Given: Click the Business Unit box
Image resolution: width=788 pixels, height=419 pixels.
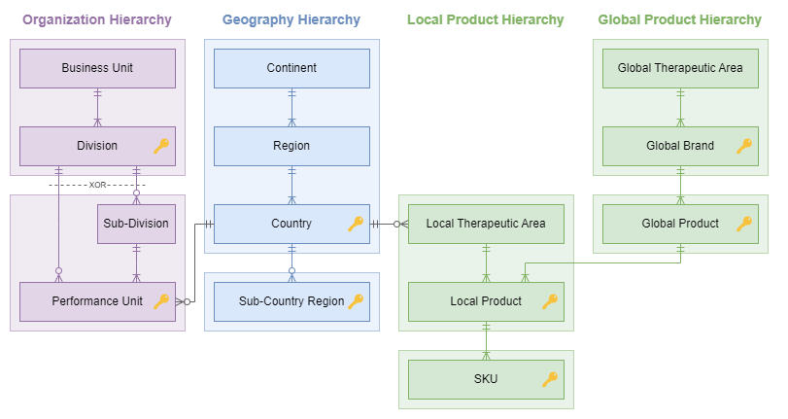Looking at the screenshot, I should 97,68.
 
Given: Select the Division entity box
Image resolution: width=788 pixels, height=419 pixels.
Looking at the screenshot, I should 97,146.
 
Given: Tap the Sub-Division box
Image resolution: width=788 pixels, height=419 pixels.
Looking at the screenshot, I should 136,224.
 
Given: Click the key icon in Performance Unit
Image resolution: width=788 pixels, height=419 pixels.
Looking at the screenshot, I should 161,301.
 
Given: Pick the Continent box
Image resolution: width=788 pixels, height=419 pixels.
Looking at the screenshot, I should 291,68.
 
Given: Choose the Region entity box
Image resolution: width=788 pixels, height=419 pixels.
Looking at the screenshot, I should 291,146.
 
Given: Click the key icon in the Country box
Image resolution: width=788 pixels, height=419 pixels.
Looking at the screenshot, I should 356,224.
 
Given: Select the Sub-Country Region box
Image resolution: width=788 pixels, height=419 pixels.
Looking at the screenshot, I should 291,301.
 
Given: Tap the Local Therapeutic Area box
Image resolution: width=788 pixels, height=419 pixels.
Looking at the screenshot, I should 486,224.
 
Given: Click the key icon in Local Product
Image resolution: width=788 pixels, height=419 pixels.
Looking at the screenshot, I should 550,301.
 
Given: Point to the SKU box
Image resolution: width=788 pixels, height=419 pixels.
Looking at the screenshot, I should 486,379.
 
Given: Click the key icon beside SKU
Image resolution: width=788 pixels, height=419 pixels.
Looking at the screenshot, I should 550,379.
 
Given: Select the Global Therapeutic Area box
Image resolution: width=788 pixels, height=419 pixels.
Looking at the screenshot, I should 680,68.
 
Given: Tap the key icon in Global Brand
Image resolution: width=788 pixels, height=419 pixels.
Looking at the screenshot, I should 744,146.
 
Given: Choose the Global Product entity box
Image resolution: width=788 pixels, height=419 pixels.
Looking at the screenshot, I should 680,224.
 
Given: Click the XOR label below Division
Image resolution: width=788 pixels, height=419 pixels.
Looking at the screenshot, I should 97,185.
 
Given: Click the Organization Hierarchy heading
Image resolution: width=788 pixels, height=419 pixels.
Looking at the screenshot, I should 97,19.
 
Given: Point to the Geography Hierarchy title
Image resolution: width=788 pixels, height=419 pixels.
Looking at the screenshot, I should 291,19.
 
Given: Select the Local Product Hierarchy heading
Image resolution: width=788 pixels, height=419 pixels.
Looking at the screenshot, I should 486,19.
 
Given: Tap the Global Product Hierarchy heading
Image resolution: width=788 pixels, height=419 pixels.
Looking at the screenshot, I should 680,19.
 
